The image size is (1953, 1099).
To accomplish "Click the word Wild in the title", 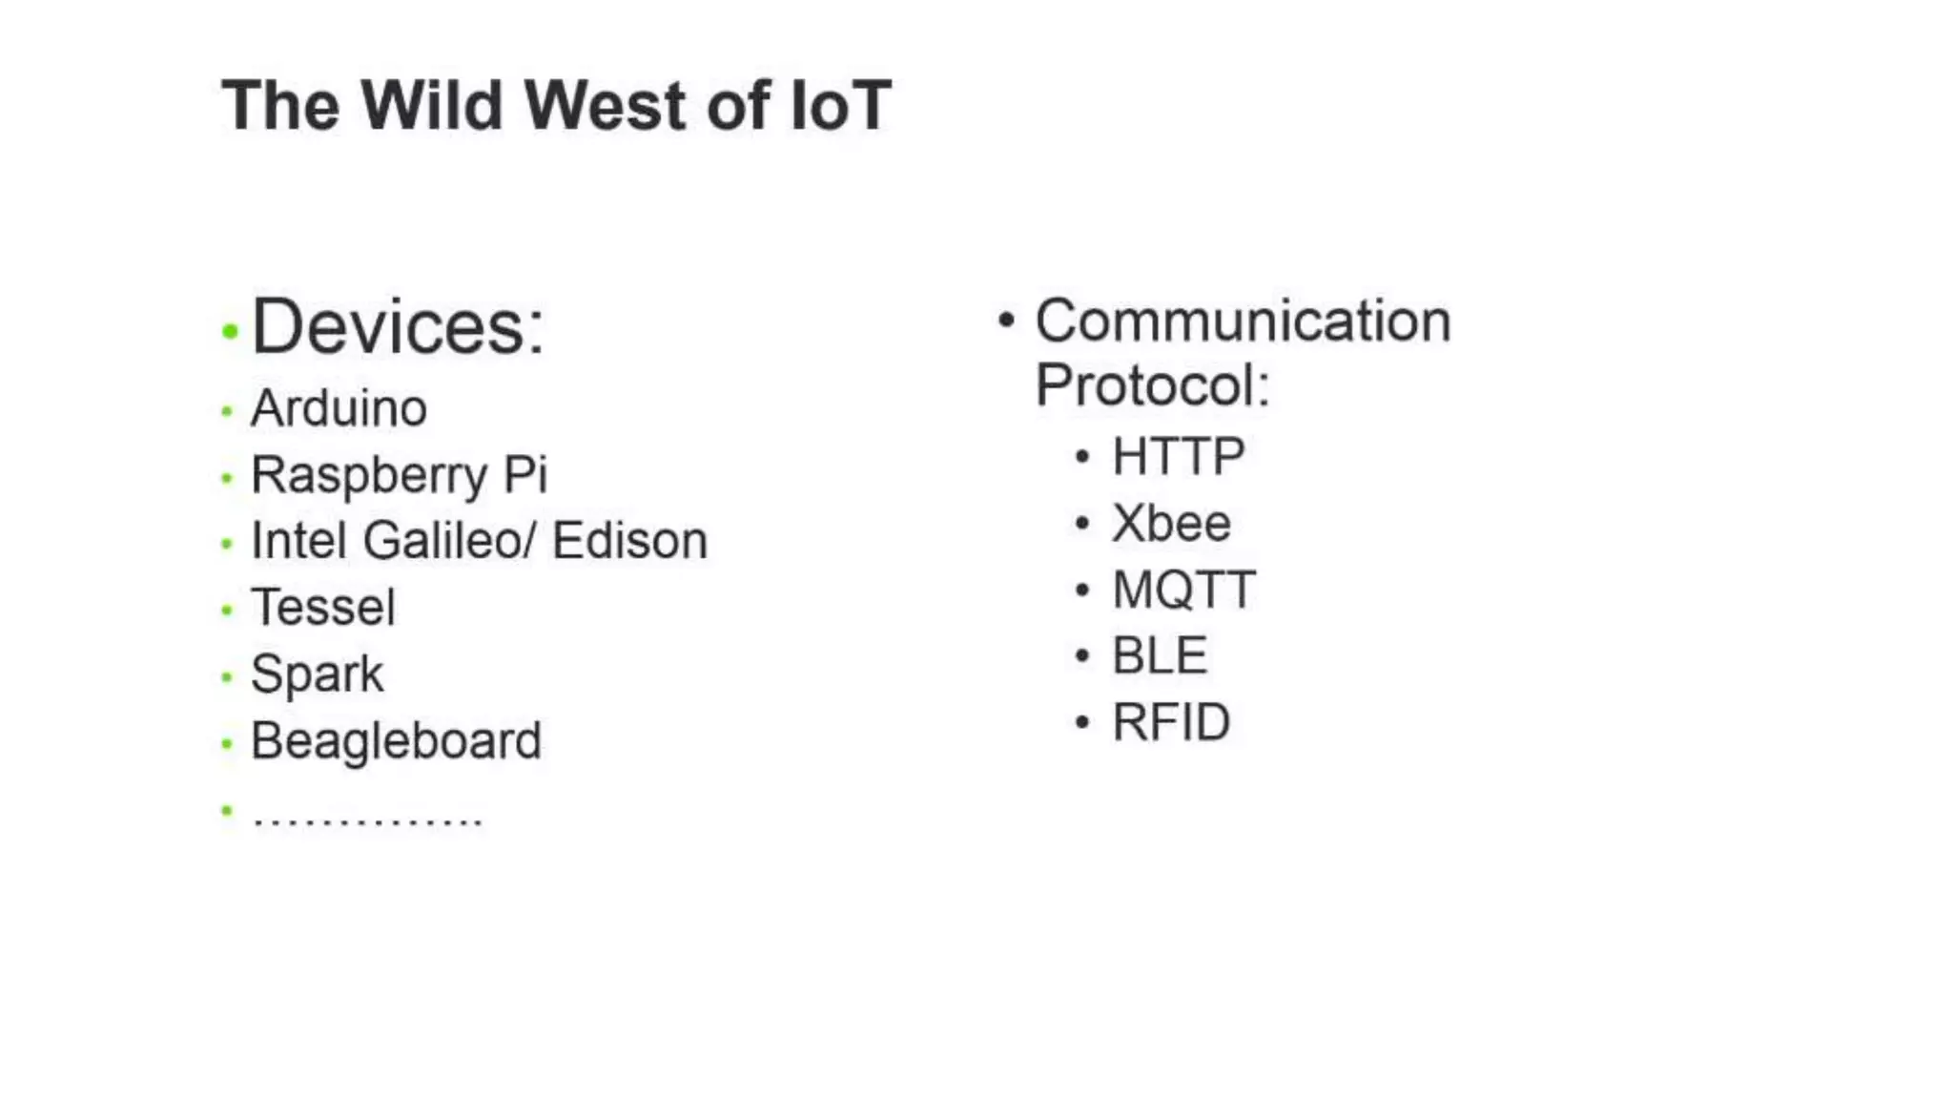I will pyautogui.click(x=431, y=105).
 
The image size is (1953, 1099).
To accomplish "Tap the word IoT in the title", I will pyautogui.click(x=840, y=105).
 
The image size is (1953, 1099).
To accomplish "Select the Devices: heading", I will pyautogui.click(x=397, y=327).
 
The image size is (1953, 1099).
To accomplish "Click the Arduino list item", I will pyautogui.click(x=339, y=408).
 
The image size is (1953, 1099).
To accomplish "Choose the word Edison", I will pyautogui.click(x=629, y=541).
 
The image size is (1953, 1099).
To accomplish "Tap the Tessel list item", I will pyautogui.click(x=322, y=608).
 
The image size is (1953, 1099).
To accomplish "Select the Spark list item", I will pyautogui.click(x=317, y=674).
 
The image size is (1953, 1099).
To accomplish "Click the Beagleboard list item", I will pyautogui.click(x=396, y=741).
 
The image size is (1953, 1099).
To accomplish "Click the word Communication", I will pyautogui.click(x=1243, y=321).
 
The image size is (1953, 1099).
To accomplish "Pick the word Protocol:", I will pyautogui.click(x=1152, y=385).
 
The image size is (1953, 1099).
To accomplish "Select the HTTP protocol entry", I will pyautogui.click(x=1178, y=456).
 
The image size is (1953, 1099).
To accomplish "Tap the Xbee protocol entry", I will pyautogui.click(x=1171, y=523).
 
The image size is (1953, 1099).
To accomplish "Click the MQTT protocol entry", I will pyautogui.click(x=1183, y=590).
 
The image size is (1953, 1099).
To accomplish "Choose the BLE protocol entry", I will pyautogui.click(x=1160, y=655).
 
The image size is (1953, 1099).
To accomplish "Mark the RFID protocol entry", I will pyautogui.click(x=1171, y=722).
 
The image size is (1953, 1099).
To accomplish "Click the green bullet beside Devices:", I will pyautogui.click(x=229, y=332).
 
